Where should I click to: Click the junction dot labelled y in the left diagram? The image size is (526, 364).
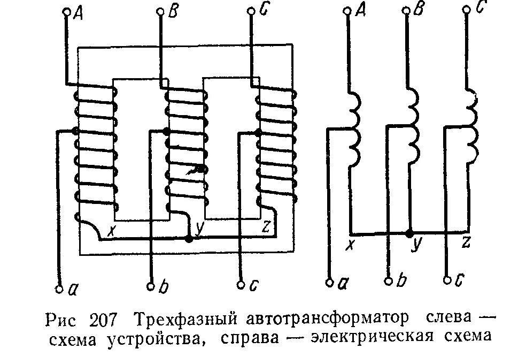[x=188, y=239]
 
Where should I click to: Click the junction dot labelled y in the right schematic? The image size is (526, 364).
[x=410, y=233]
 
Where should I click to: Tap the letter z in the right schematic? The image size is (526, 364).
[x=466, y=244]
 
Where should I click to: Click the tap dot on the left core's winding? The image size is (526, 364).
[x=75, y=131]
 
